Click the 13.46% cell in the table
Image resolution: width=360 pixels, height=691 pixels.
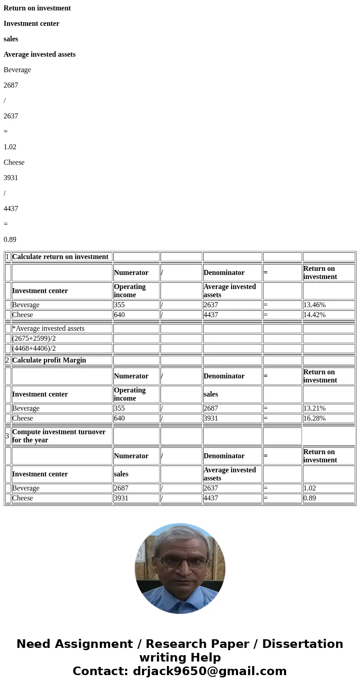tap(314, 305)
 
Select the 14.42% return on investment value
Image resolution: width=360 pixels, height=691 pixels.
tap(314, 315)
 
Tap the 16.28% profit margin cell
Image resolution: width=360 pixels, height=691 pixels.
tap(314, 418)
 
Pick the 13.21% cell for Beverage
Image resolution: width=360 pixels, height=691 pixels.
tap(314, 408)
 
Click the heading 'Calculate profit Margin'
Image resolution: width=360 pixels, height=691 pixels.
tap(49, 360)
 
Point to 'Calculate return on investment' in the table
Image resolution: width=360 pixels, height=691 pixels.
tap(60, 257)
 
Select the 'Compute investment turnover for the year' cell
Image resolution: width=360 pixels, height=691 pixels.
tap(58, 436)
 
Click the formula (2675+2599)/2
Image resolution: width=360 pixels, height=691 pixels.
tap(34, 338)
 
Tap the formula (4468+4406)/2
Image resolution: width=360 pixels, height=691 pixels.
tap(34, 348)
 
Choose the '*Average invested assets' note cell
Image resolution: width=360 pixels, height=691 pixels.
tap(49, 328)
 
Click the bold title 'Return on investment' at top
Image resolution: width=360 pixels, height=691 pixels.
tap(37, 8)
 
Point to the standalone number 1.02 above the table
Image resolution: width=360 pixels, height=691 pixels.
tap(10, 147)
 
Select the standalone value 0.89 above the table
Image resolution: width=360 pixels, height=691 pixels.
tap(10, 240)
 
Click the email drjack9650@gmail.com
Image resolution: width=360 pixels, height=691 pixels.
tap(209, 671)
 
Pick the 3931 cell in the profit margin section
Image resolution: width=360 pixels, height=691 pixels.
tap(211, 418)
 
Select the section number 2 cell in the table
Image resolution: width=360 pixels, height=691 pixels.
tap(7, 360)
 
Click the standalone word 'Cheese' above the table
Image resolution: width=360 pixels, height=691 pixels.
tap(14, 162)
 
